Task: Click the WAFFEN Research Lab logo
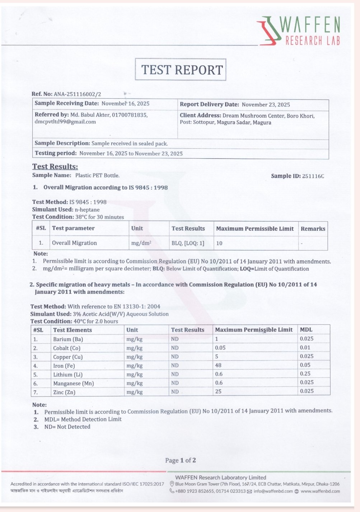click(x=299, y=31)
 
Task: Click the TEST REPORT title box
click(x=181, y=70)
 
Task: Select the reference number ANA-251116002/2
click(x=77, y=94)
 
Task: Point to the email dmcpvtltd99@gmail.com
click(x=65, y=122)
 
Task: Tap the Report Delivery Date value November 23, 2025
click(x=266, y=105)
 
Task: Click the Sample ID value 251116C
click(x=313, y=176)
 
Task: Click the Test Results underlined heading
click(x=55, y=166)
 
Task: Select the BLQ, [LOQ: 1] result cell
click(x=188, y=243)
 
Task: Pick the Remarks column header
click(x=313, y=229)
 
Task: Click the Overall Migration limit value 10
click(x=219, y=243)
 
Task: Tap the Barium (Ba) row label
click(x=68, y=339)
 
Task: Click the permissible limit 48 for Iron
click(x=218, y=365)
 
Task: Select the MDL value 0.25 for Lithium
click(x=305, y=374)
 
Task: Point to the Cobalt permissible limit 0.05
click(x=220, y=348)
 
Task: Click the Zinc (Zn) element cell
click(x=64, y=392)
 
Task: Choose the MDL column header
click(x=306, y=330)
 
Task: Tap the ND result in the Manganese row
click(x=175, y=383)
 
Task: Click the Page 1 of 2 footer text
click(x=181, y=460)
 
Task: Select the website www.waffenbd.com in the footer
click(x=320, y=491)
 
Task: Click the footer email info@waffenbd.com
click(x=273, y=491)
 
